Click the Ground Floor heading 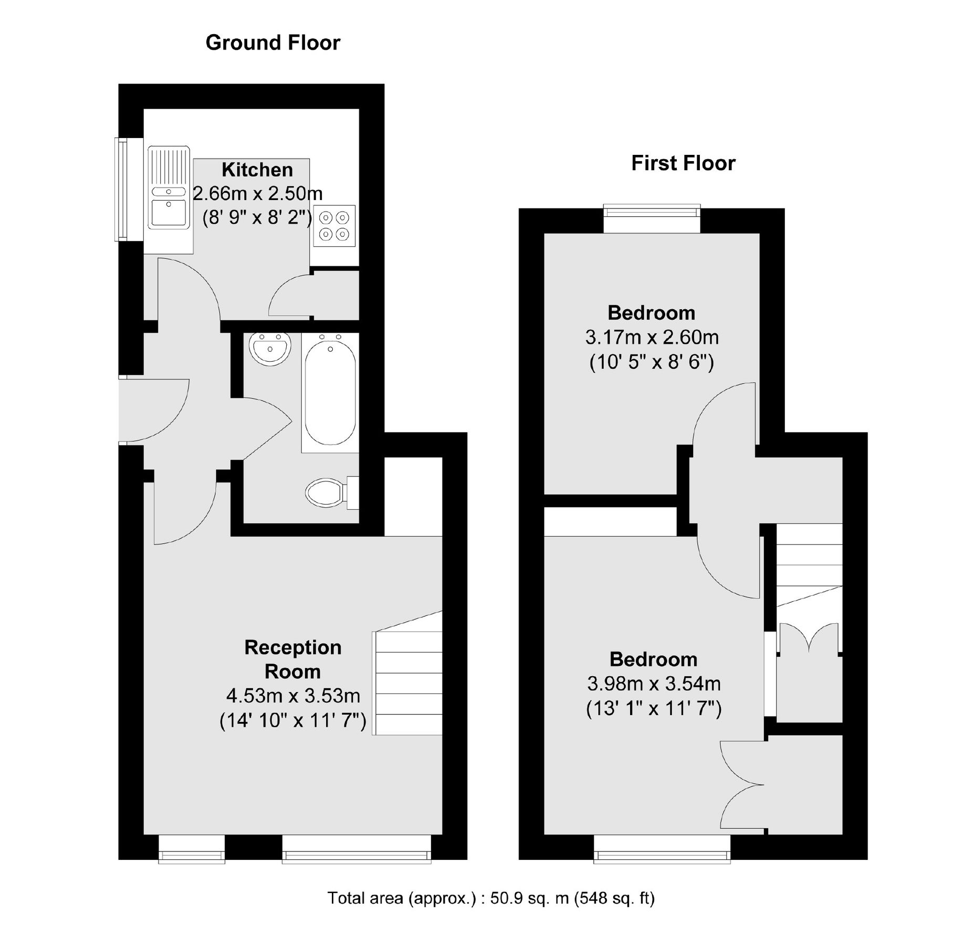[273, 43]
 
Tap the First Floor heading [683, 163]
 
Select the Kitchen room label [257, 170]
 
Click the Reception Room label [293, 659]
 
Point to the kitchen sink [169, 188]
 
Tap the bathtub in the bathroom [330, 393]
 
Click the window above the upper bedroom [652, 211]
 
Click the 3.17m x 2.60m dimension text [652, 337]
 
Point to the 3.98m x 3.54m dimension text [654, 684]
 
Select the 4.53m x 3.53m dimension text [293, 696]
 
